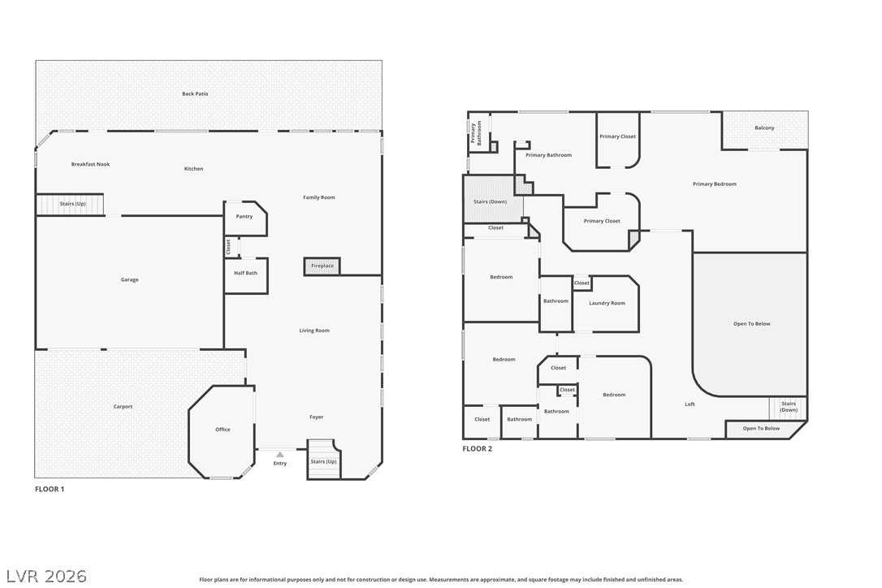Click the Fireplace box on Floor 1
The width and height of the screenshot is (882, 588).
tap(322, 266)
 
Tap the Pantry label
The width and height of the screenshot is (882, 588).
tap(244, 217)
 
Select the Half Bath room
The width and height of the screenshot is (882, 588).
tap(246, 275)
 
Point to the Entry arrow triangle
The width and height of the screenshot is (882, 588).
tap(280, 454)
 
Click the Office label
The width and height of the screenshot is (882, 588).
tap(223, 430)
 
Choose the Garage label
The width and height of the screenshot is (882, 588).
tap(129, 279)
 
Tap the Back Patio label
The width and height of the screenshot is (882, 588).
tap(195, 94)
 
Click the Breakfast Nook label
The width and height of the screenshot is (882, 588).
tap(91, 164)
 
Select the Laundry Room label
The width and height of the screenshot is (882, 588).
tap(607, 303)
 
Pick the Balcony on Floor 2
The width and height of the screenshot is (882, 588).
tap(765, 131)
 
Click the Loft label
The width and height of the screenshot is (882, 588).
tap(690, 404)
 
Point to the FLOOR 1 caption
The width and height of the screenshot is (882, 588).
tap(50, 489)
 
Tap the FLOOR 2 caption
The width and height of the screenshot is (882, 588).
tap(477, 448)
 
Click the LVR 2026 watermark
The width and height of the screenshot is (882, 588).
tap(46, 576)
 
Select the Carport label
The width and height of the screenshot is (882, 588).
tap(123, 407)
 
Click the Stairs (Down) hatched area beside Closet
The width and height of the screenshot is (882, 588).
tap(493, 199)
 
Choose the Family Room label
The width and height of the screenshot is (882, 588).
tap(319, 197)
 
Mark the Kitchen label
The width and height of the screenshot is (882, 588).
tap(193, 169)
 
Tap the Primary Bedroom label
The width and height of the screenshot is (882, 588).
tap(715, 184)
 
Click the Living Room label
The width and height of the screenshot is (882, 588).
tap(314, 331)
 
